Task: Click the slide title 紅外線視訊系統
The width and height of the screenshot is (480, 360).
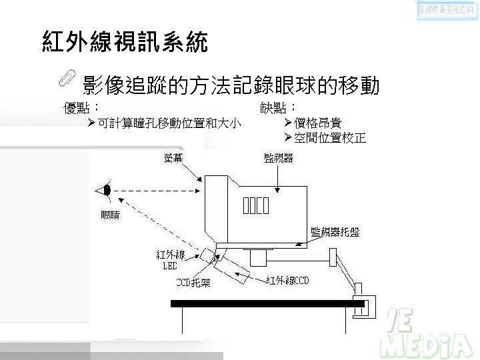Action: click(125, 41)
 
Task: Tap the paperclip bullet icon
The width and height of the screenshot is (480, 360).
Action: click(67, 78)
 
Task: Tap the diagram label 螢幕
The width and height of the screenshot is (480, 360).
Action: click(175, 158)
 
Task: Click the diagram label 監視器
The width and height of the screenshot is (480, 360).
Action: click(279, 158)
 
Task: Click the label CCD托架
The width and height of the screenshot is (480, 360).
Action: click(193, 283)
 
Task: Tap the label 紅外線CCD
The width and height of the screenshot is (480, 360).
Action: click(287, 281)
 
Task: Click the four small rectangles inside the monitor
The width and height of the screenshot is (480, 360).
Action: click(255, 206)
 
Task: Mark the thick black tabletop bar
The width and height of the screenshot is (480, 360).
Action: click(267, 303)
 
